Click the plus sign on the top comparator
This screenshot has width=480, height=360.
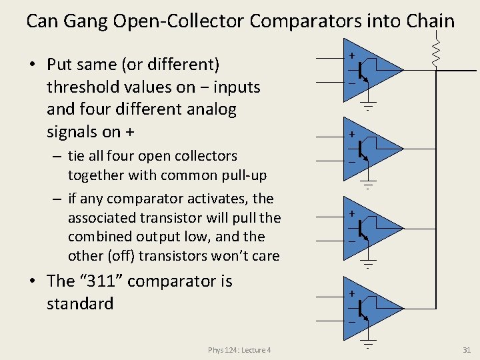tap(351, 55)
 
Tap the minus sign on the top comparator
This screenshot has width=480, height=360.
tap(351, 83)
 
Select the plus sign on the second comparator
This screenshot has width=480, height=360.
tap(351, 135)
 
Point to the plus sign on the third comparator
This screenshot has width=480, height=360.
tap(351, 214)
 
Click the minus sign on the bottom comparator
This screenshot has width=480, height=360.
tap(351, 321)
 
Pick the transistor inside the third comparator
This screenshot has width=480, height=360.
tap(361, 229)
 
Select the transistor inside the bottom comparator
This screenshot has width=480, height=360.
tap(361, 308)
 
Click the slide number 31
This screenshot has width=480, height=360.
tap(466, 349)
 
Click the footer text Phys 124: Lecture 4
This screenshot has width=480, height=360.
tap(239, 350)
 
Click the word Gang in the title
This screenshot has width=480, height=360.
tap(86, 21)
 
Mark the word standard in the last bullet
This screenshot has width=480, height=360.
tap(80, 304)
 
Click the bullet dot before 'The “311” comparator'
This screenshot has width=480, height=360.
tap(31, 282)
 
